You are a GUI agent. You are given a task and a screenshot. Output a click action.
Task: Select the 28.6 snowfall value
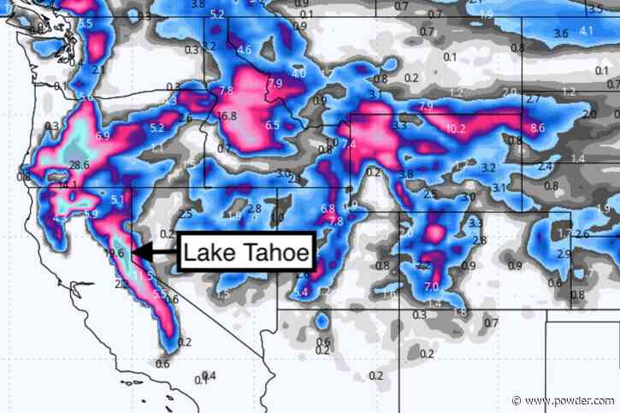point(80,165)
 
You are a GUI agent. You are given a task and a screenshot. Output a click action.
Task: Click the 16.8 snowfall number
point(227,116)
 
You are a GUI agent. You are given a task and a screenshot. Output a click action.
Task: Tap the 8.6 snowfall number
point(537,128)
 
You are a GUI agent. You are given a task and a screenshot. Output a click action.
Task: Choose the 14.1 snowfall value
point(68,185)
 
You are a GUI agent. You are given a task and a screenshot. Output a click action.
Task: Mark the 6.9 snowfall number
point(103,136)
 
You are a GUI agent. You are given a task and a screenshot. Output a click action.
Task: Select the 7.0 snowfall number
point(431,286)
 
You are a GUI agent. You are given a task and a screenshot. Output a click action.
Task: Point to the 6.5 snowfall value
point(273,126)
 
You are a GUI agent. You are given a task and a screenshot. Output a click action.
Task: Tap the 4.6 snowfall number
point(245,50)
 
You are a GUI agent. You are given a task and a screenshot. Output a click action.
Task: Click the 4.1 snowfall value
point(586,32)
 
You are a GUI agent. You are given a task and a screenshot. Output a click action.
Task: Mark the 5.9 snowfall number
point(91,214)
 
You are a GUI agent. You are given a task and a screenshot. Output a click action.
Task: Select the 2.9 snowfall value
point(563,254)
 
